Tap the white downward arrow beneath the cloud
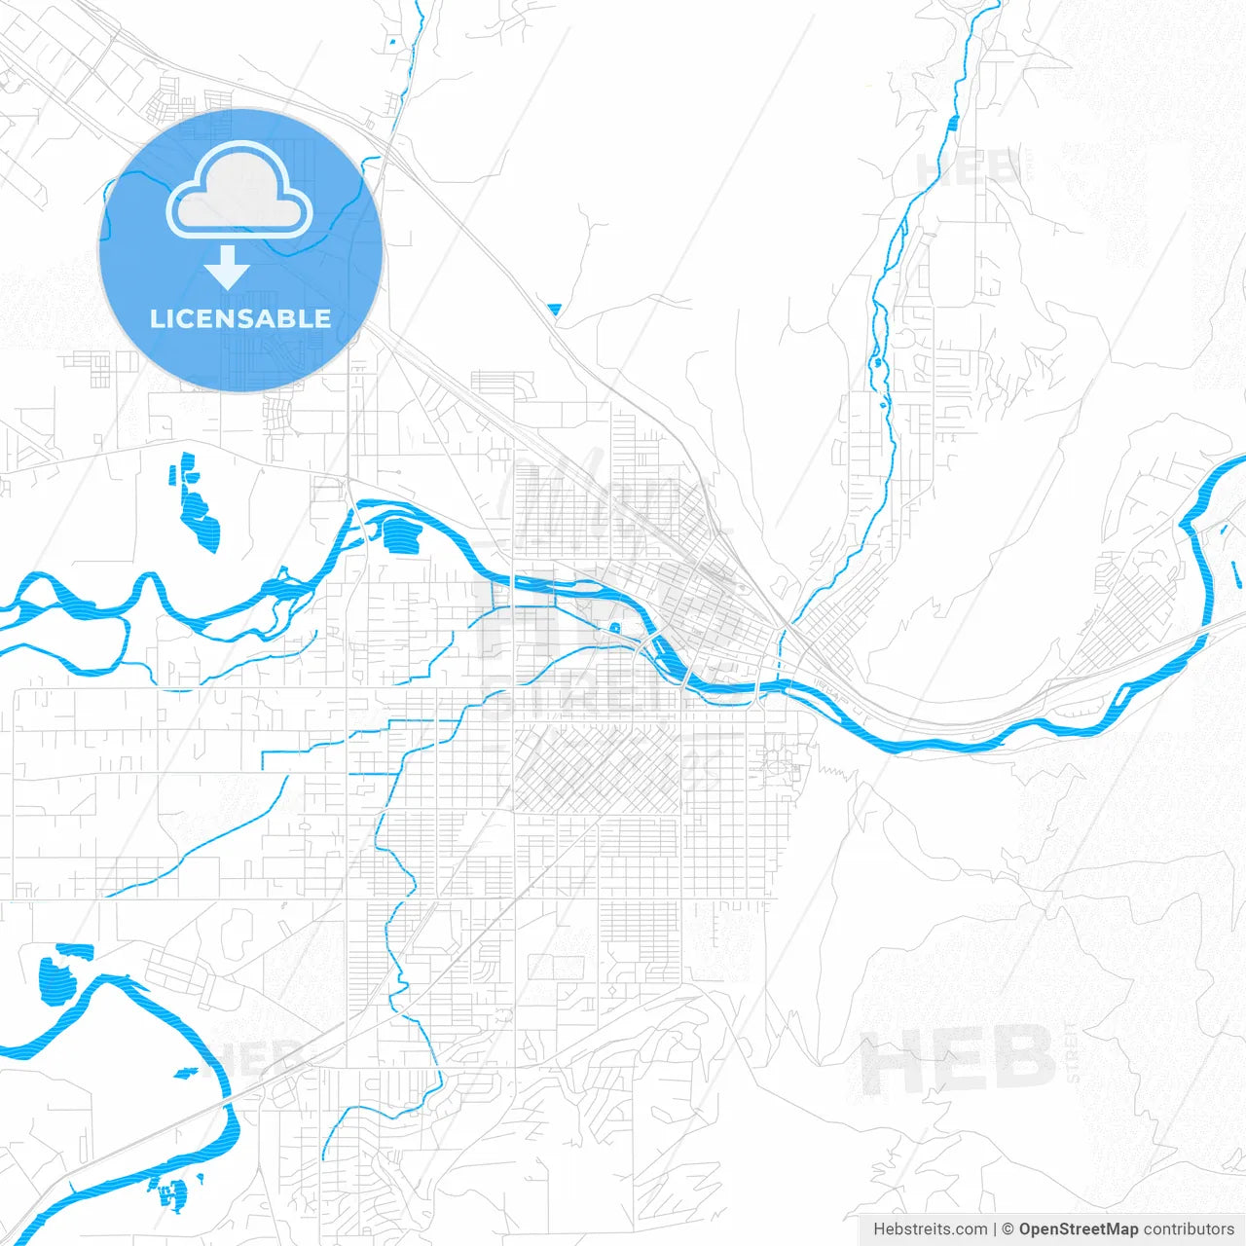(x=228, y=268)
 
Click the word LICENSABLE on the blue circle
(x=240, y=318)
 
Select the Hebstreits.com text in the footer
(x=930, y=1229)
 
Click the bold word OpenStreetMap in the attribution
(x=1079, y=1229)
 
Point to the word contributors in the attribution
(x=1189, y=1229)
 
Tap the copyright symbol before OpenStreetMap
(x=1008, y=1229)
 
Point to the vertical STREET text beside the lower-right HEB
(x=1073, y=1052)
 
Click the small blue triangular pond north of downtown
(x=555, y=311)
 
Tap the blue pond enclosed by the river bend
(x=399, y=534)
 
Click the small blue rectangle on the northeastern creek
(x=953, y=123)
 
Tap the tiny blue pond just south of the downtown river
(x=615, y=627)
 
